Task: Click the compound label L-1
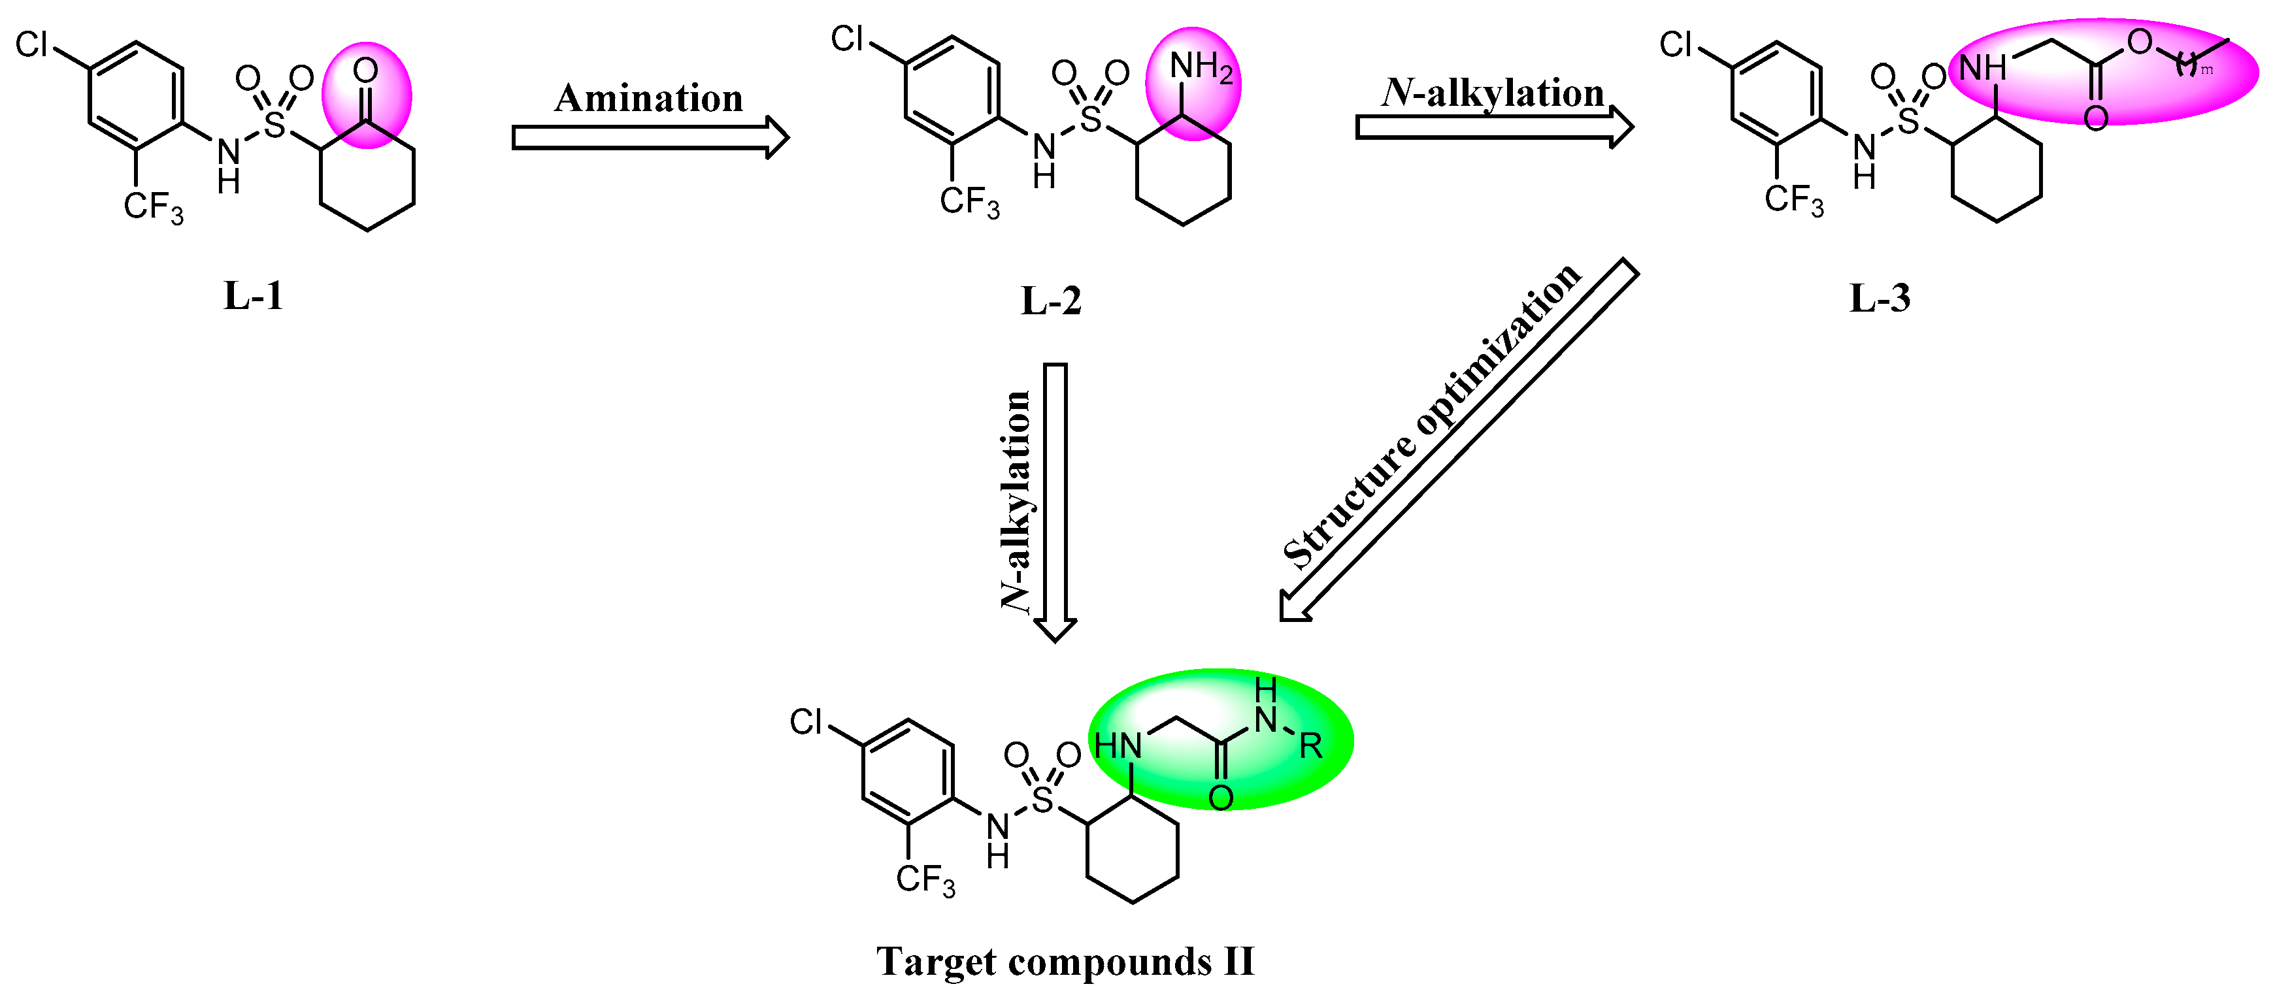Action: (x=253, y=295)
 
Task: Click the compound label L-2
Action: (x=1050, y=301)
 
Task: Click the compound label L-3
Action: (x=1880, y=298)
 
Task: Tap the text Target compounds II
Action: (x=1065, y=961)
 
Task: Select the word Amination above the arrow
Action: (x=648, y=98)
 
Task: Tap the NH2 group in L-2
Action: (x=1200, y=67)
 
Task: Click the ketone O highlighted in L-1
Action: (x=365, y=71)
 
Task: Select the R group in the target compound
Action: (x=1311, y=746)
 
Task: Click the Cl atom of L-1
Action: (x=33, y=44)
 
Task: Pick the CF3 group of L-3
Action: (x=1793, y=201)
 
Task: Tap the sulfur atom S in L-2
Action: (x=1091, y=119)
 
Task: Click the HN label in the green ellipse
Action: (x=1118, y=746)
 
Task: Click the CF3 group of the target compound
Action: (x=925, y=879)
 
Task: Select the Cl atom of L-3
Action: (x=1676, y=44)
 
